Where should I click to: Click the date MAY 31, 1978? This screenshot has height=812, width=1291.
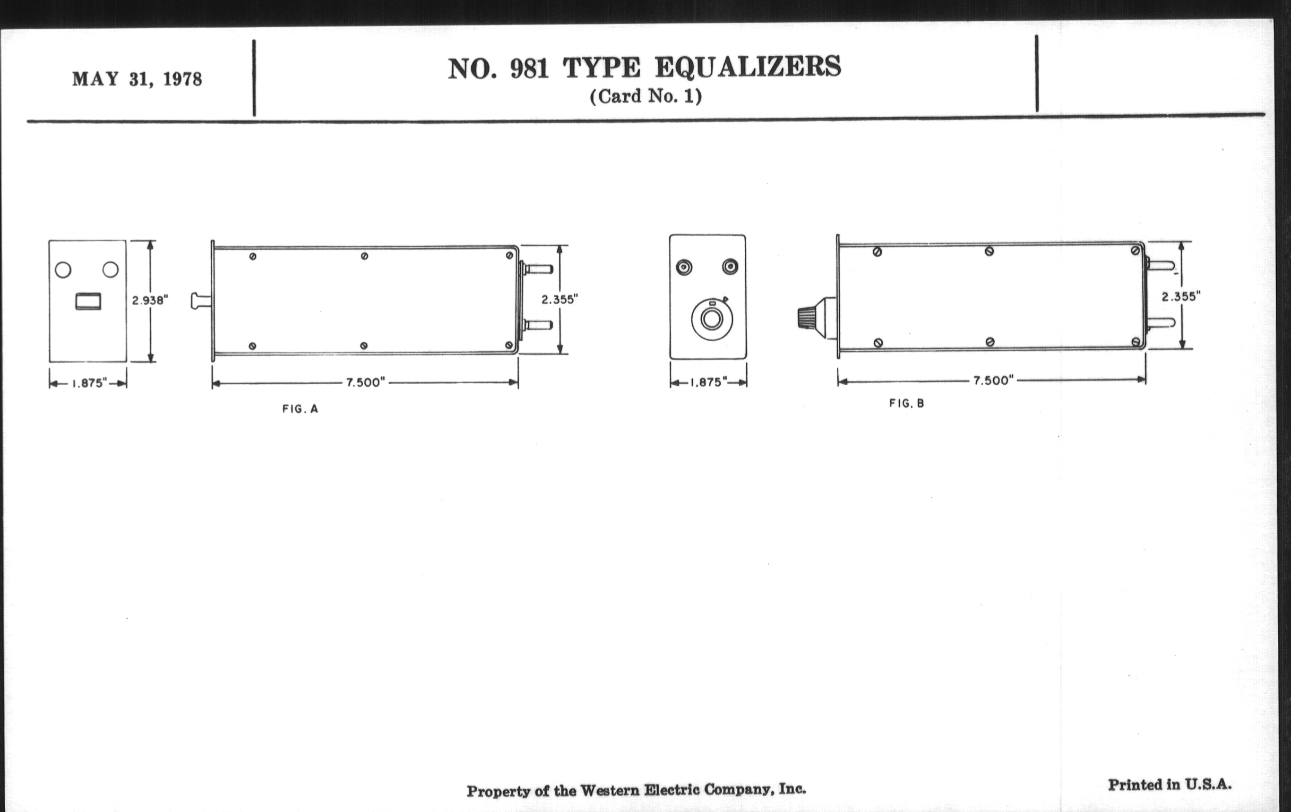pos(137,79)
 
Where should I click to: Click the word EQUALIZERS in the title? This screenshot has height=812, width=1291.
pos(748,67)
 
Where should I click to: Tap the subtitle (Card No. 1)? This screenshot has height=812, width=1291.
pos(645,97)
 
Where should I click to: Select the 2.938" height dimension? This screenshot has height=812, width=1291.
pos(150,300)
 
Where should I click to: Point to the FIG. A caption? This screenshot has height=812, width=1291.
pos(300,409)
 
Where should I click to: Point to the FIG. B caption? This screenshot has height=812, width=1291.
pos(907,403)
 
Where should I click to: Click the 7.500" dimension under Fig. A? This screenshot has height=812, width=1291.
pos(366,382)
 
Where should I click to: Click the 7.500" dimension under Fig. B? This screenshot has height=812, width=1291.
pos(993,381)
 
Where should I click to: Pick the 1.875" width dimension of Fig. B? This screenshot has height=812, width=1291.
pos(708,382)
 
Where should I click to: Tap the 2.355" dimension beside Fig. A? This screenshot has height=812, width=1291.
pos(560,300)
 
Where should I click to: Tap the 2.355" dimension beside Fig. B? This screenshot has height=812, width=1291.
pos(1181,296)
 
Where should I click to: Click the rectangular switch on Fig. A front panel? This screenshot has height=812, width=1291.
pos(88,301)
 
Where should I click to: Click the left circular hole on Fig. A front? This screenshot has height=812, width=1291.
pos(63,270)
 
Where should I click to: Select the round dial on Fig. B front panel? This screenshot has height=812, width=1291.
pos(712,319)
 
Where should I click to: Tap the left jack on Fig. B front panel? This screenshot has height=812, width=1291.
pos(684,267)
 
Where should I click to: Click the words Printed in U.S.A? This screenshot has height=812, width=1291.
pos(1170,785)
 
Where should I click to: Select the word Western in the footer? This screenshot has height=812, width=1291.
pos(609,790)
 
